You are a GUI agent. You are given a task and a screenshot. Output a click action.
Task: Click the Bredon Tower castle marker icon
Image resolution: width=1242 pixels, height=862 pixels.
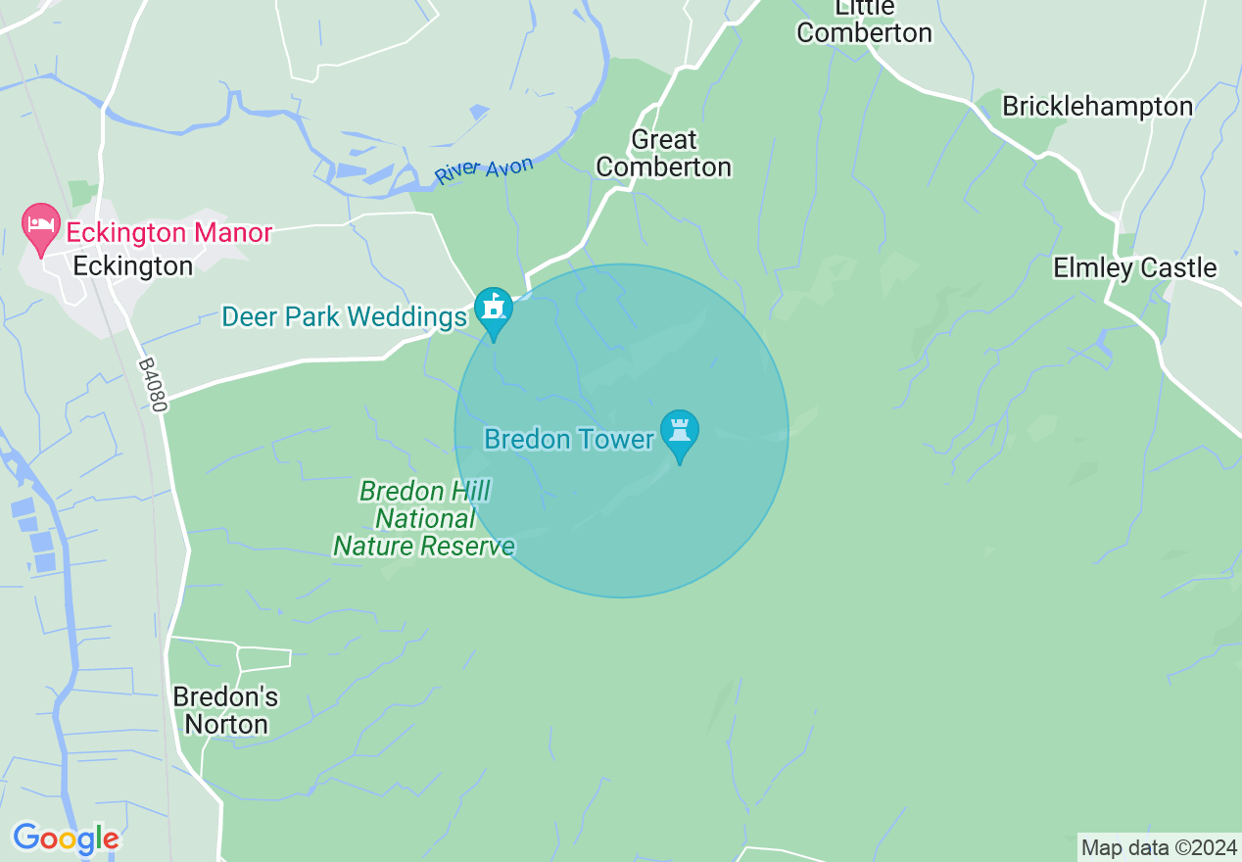coord(679,432)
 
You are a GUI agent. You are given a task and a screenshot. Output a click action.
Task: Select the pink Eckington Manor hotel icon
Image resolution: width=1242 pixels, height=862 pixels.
coord(41,227)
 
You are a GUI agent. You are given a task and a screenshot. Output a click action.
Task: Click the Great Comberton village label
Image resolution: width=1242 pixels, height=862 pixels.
coord(663,154)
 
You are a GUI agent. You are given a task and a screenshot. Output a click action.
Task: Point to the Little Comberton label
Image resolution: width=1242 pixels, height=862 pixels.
coord(864,21)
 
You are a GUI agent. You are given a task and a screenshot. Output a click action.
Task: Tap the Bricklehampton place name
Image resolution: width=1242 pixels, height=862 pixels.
coord(1097,107)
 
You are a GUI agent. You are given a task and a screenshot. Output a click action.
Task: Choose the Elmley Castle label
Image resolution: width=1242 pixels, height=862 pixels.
coord(1134,267)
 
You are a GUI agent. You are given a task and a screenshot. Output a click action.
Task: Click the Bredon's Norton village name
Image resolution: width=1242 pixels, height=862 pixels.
coord(225,711)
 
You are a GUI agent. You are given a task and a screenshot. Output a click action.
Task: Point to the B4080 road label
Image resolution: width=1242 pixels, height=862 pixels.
coord(153,384)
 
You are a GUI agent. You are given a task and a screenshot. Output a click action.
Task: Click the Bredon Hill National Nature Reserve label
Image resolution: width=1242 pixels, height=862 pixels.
coord(424,518)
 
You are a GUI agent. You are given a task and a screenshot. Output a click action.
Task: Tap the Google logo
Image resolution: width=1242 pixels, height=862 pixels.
coord(66,838)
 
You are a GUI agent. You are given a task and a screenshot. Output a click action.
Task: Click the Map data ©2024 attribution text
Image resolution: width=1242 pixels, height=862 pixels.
coord(1159,846)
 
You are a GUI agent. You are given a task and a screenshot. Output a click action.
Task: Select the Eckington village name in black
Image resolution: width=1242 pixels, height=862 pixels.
coord(133,265)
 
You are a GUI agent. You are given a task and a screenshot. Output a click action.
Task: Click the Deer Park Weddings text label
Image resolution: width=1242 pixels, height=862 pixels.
coord(345,317)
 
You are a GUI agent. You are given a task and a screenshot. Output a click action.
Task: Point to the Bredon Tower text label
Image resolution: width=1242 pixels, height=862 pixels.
coord(568,439)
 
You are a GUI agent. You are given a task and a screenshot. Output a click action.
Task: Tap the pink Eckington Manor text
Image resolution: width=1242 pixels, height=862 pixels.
coord(168,233)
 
